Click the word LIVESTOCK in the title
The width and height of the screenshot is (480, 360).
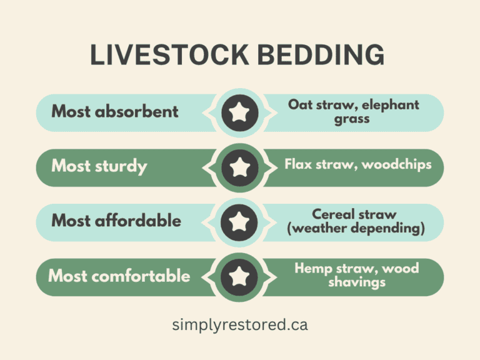pos(164,56)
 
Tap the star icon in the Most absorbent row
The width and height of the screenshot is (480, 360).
pos(239,112)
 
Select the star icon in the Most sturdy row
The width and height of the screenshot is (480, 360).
pos(239,167)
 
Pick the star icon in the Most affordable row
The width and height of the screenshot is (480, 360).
pos(239,221)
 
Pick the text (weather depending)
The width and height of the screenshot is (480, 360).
pos(356,229)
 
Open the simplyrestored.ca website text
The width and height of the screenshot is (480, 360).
pos(240,325)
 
